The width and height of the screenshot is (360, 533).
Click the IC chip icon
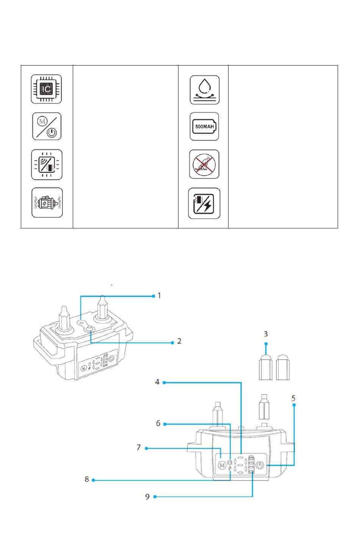pos(46,89)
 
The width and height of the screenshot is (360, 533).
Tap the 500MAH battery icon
pos(204,127)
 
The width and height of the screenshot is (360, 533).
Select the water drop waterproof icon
pos(205,90)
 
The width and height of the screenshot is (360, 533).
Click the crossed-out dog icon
pos(204,164)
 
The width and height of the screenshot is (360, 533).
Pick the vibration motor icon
pos(47,203)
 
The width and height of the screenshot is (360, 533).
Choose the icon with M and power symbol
pos(47,127)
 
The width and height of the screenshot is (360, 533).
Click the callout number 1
pos(159,295)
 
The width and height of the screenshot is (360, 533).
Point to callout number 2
pos(179,341)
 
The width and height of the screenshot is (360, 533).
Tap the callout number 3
pos(266,334)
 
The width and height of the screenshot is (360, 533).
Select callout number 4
pos(157,382)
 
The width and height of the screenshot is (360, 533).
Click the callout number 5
pos(293,398)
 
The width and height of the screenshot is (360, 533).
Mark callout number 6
pos(158,423)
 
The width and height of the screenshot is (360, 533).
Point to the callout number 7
pos(139,447)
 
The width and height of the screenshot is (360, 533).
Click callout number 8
pos(87,479)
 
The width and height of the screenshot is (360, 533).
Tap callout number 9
pos(147,497)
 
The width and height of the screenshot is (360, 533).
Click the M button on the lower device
pos(222,465)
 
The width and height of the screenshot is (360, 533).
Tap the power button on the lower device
pos(260,465)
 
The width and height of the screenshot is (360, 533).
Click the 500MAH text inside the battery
pos(205,127)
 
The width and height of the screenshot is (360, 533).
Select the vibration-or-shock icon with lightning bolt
pos(204,203)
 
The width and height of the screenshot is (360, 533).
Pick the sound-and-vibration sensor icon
pos(47,164)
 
